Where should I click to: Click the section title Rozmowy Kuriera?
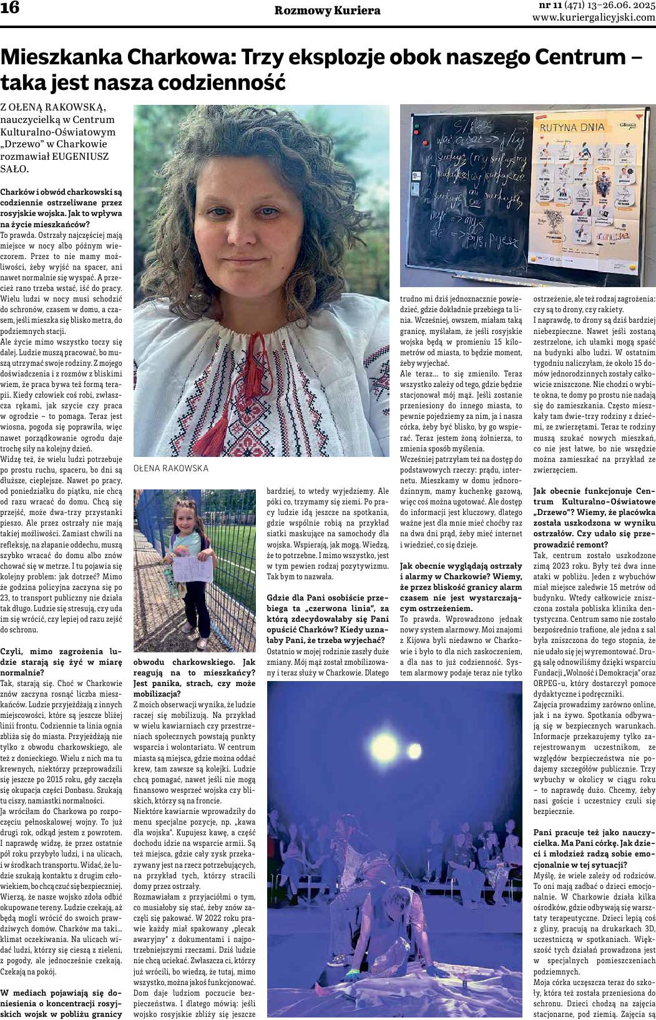[327, 11]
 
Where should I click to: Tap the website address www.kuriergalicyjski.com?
[594, 18]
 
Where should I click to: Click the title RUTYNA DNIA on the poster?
[573, 127]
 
